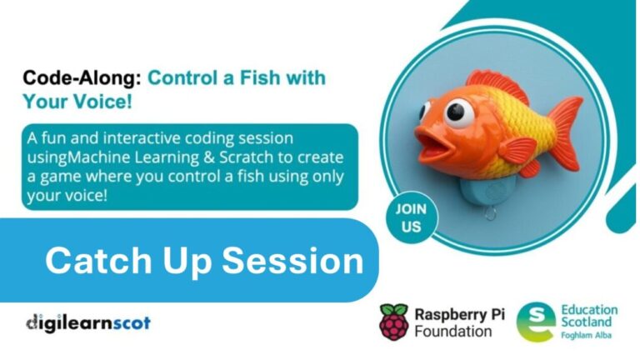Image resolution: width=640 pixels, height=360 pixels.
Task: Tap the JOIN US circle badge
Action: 411,218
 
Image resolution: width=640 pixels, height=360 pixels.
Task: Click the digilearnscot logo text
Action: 87,322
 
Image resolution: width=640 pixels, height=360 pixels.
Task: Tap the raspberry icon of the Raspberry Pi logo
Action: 394,321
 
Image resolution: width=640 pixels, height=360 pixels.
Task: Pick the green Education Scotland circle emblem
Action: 535,321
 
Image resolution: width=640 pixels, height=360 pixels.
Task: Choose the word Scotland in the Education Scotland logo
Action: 588,322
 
